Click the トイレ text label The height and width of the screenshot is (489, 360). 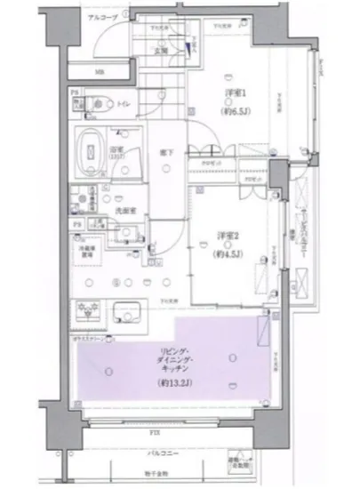click(x=122, y=104)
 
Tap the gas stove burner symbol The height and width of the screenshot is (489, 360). click(x=89, y=310)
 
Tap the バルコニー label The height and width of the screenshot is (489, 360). click(x=161, y=453)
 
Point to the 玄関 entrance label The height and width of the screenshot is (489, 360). click(x=163, y=50)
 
